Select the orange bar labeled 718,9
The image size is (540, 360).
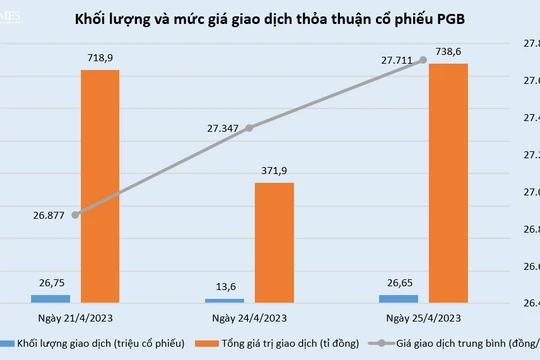click(x=100, y=185)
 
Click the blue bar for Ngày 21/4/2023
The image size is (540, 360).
click(x=51, y=298)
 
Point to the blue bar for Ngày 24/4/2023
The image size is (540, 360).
click(x=225, y=300)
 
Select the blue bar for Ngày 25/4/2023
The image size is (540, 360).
click(x=398, y=298)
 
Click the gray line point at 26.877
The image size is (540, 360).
click(x=76, y=214)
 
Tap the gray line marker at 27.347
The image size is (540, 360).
click(x=249, y=127)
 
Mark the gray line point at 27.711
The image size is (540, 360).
click(x=423, y=60)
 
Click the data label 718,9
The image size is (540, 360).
click(x=100, y=59)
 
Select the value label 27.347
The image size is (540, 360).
click(x=225, y=129)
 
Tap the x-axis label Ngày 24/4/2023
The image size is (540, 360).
click(x=249, y=318)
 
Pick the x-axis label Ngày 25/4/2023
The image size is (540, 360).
click(x=423, y=318)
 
